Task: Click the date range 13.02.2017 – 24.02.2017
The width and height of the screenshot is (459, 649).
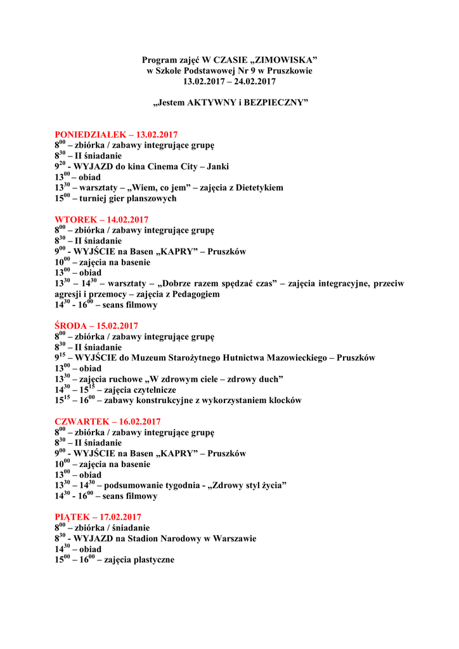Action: click(x=229, y=82)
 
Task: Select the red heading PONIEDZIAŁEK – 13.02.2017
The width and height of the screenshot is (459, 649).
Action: click(x=116, y=134)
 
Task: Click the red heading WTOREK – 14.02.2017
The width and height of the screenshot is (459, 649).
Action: click(x=101, y=220)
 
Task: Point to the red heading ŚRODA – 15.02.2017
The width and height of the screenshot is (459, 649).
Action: click(x=96, y=326)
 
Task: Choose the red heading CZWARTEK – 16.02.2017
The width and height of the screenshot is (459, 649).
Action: click(x=108, y=421)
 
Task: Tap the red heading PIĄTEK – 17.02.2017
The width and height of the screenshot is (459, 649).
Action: click(x=98, y=517)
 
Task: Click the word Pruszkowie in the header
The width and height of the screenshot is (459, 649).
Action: click(x=290, y=71)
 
